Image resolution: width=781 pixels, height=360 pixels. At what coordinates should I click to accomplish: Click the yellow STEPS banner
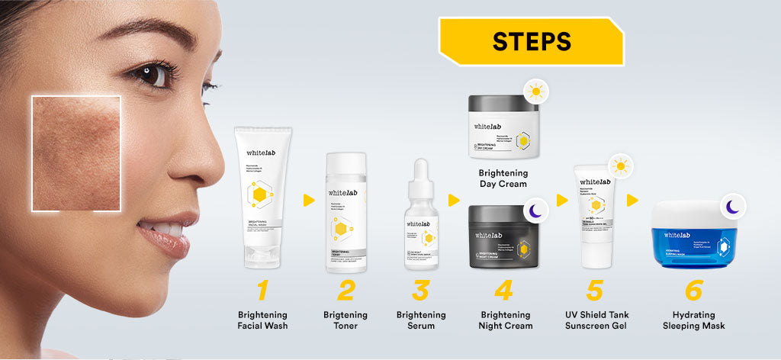tap(531, 40)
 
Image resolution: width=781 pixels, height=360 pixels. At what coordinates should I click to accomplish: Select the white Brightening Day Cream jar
tap(503, 127)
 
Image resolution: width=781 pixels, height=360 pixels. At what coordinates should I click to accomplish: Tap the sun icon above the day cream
tap(538, 92)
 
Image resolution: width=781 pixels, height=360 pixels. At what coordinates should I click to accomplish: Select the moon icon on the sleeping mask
tap(731, 206)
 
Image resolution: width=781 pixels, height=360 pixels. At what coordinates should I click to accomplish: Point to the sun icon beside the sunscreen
tap(622, 166)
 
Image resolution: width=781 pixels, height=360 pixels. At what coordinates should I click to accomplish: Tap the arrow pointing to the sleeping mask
tap(632, 201)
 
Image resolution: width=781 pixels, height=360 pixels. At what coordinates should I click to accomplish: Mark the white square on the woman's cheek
tap(76, 153)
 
